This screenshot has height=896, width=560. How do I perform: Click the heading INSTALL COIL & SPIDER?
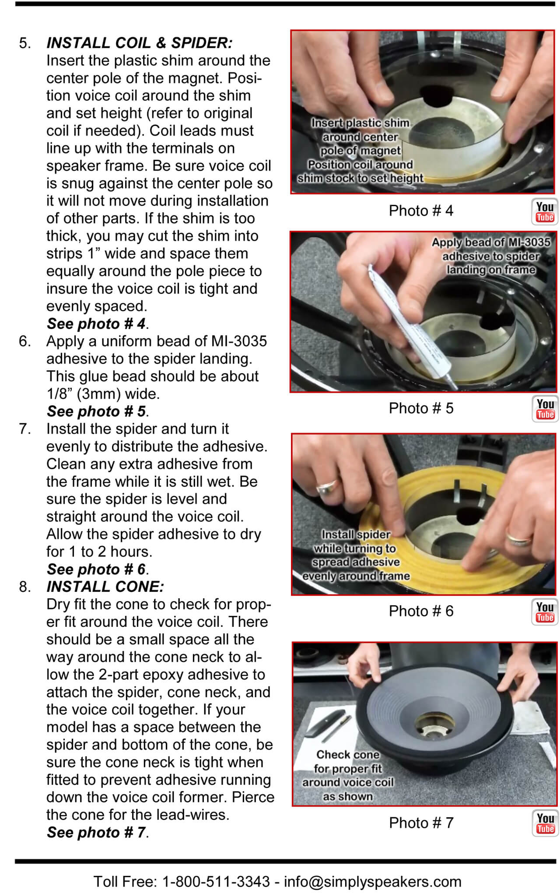point(140,43)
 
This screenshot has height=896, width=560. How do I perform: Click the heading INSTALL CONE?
point(105,587)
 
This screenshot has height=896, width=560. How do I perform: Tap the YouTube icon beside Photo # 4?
point(545,212)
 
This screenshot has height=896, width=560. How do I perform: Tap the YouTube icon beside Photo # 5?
point(545,409)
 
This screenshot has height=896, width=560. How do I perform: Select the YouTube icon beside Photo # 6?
point(545,612)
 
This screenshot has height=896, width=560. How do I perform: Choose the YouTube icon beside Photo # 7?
point(545,823)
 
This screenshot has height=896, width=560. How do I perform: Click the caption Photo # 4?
point(421,211)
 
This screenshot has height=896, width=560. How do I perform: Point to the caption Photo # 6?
point(421,611)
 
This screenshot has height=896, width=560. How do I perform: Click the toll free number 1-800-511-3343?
point(216,881)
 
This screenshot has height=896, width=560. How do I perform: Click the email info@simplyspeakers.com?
point(373,881)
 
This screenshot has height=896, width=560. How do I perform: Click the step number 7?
point(25,429)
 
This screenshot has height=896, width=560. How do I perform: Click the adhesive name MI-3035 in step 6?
point(239,341)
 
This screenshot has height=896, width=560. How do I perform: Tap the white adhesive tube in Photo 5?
point(409,324)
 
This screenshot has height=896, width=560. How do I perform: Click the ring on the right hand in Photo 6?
point(519,538)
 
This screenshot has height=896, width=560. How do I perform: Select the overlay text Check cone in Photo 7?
point(348,755)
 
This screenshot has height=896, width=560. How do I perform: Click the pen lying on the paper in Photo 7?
point(336,728)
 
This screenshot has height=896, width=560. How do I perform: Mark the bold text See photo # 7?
point(96,832)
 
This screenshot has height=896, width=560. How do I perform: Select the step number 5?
point(25,43)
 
